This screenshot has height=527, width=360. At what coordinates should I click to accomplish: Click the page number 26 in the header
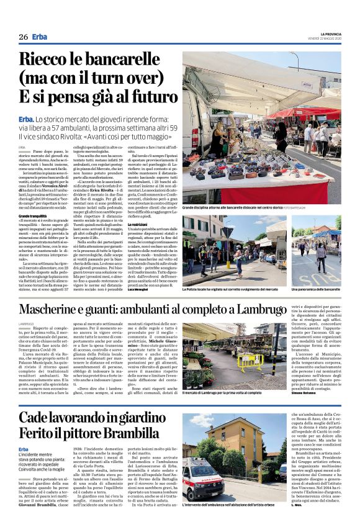pos(23,37)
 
